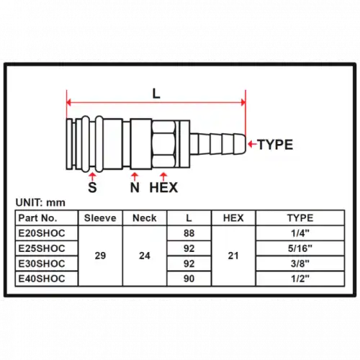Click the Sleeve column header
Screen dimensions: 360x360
pyautogui.click(x=100, y=218)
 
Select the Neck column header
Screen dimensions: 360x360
pyautogui.click(x=145, y=218)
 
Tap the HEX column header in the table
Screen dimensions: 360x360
pyautogui.click(x=233, y=218)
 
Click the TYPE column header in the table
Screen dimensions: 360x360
pyautogui.click(x=300, y=218)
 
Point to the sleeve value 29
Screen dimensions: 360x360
pyautogui.click(x=100, y=256)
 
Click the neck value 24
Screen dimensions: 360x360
pyautogui.click(x=145, y=256)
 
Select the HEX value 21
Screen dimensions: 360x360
pyautogui.click(x=233, y=256)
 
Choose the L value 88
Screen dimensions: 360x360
pyautogui.click(x=189, y=233)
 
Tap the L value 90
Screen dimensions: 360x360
pyautogui.click(x=189, y=279)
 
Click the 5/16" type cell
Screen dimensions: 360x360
pyautogui.click(x=300, y=248)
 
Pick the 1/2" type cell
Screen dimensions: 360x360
pyautogui.click(x=300, y=279)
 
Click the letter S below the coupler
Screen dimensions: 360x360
pyautogui.click(x=92, y=187)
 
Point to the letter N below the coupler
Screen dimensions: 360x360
pyautogui.click(x=135, y=187)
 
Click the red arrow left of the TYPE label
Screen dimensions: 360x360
pyautogui.click(x=253, y=144)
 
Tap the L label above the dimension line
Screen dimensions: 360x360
pyautogui.click(x=156, y=94)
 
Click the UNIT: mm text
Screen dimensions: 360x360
pyautogui.click(x=40, y=203)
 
